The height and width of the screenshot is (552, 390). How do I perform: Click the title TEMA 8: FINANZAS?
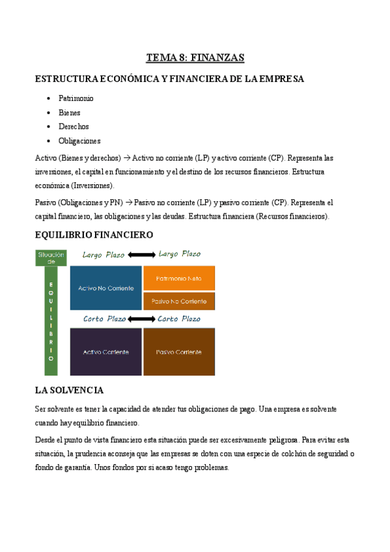[195, 58]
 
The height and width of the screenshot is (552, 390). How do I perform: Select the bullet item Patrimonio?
[76, 98]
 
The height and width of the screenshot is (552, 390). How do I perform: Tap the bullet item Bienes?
[70, 113]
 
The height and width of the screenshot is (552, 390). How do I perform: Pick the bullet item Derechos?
[74, 126]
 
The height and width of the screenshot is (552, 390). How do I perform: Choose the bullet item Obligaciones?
[79, 141]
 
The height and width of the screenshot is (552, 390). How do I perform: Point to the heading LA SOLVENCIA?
[68, 391]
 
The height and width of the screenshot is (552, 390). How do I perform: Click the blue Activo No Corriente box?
[105, 288]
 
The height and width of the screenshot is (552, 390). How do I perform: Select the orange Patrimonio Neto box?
[179, 278]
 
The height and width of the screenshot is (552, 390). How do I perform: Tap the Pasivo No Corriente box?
[179, 301]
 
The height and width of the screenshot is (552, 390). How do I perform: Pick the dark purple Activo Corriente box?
[105, 352]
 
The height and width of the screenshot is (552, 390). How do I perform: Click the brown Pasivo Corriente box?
[179, 352]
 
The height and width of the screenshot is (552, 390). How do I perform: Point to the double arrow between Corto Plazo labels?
[141, 319]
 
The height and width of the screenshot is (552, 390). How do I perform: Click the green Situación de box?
[51, 258]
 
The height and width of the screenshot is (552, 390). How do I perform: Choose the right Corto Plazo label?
[179, 319]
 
